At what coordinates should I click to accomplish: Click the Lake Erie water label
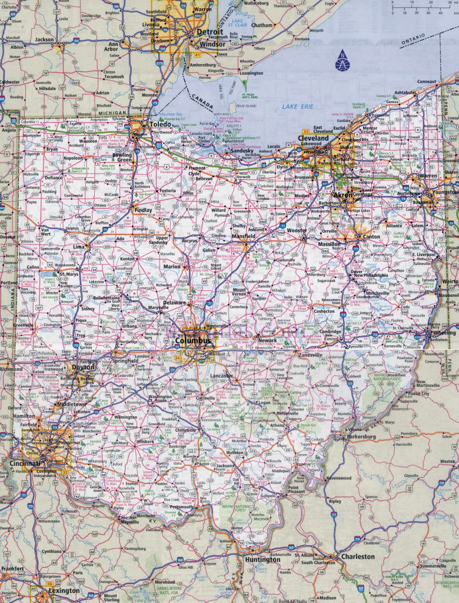click(297, 106)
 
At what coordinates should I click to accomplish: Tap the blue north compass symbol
click(342, 61)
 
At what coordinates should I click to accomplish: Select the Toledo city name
click(160, 125)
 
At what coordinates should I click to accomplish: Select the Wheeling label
click(444, 332)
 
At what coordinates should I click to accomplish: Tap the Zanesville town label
click(310, 355)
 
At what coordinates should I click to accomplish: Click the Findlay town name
click(143, 210)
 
